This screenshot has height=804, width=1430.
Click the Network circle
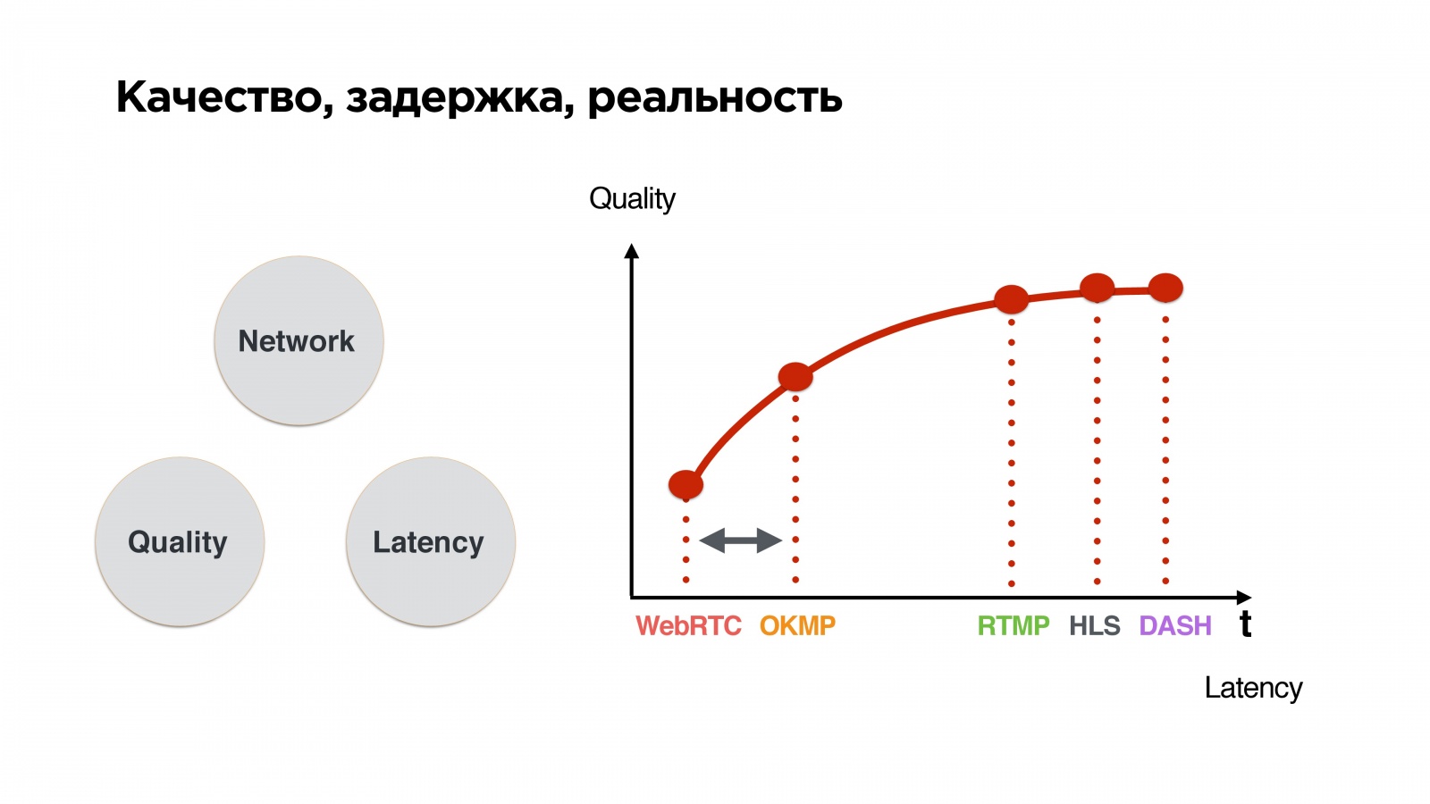tap(299, 341)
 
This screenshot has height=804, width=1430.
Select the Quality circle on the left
tap(180, 542)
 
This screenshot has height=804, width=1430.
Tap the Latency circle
tap(430, 542)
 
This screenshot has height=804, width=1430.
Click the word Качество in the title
tap(223, 97)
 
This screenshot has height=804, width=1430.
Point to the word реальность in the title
tap(714, 97)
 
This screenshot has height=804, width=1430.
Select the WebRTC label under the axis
tap(688, 625)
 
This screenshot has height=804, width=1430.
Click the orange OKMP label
tap(797, 625)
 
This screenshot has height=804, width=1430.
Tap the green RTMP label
tap(1013, 625)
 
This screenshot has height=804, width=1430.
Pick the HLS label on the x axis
tap(1094, 625)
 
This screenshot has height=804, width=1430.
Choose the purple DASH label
tap(1175, 625)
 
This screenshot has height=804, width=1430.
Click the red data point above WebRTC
tap(686, 484)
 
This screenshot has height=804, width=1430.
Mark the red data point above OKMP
tap(795, 377)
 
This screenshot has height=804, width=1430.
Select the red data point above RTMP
tap(1011, 299)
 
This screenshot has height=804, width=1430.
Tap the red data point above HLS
tap(1097, 288)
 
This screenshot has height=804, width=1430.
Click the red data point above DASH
tap(1165, 288)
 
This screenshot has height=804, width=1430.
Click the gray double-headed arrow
tap(740, 540)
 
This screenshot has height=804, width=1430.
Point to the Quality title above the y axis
tap(632, 198)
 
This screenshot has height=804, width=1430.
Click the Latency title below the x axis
tap(1253, 688)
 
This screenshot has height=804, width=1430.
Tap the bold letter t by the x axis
tap(1245, 624)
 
